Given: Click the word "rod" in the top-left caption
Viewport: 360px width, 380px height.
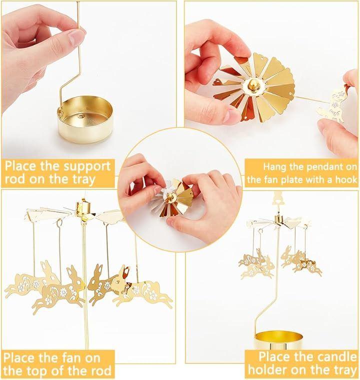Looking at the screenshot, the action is point(16,179).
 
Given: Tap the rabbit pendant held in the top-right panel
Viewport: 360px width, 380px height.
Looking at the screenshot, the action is point(333,103).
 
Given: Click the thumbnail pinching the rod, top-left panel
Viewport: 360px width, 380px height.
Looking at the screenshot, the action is point(76,37).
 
